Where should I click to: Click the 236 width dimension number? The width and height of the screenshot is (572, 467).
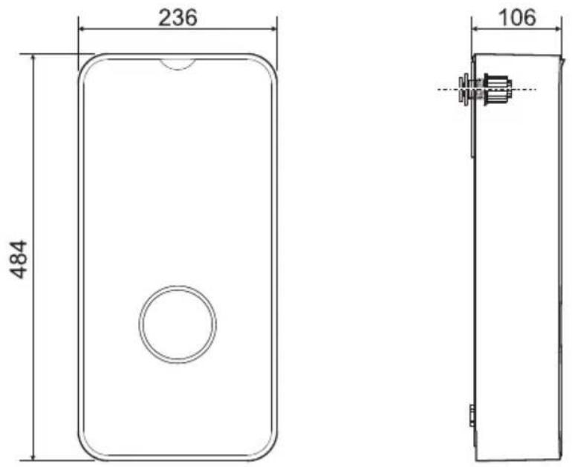(x=178, y=17)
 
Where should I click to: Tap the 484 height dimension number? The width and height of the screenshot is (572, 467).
(x=19, y=259)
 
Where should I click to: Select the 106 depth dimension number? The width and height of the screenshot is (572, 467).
(x=517, y=17)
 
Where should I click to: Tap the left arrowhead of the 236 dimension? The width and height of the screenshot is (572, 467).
(x=83, y=29)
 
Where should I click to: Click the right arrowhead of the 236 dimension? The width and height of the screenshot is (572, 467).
(x=272, y=29)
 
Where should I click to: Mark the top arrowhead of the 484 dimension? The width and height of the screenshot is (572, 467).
(x=33, y=59)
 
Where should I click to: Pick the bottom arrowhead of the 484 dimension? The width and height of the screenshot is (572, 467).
(x=33, y=456)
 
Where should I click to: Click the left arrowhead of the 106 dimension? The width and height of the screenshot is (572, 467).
(x=476, y=29)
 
